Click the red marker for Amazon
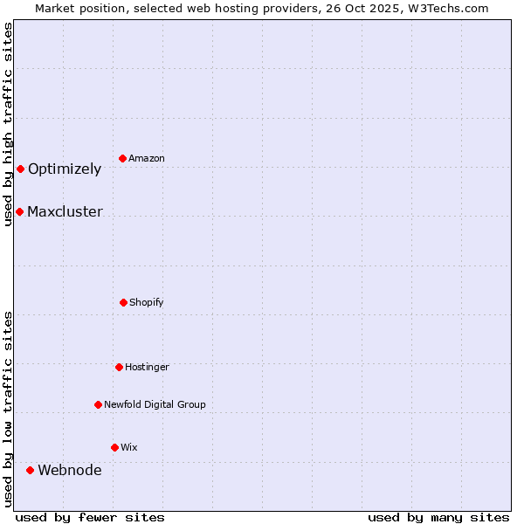point(123,158)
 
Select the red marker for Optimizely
point(20,169)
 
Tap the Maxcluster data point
point(19,211)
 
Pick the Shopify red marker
point(123,302)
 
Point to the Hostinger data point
point(119,367)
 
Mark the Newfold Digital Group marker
point(98,404)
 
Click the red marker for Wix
point(114,447)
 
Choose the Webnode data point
point(30,470)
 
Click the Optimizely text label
point(65,169)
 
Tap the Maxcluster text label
point(65,211)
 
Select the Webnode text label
point(70,470)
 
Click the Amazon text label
point(147,158)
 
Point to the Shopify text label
point(147,302)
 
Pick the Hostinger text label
point(147,367)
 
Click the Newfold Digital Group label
point(155,404)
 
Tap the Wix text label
point(129,447)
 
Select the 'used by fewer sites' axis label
point(90,517)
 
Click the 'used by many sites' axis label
point(438,517)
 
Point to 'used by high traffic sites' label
point(8,124)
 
